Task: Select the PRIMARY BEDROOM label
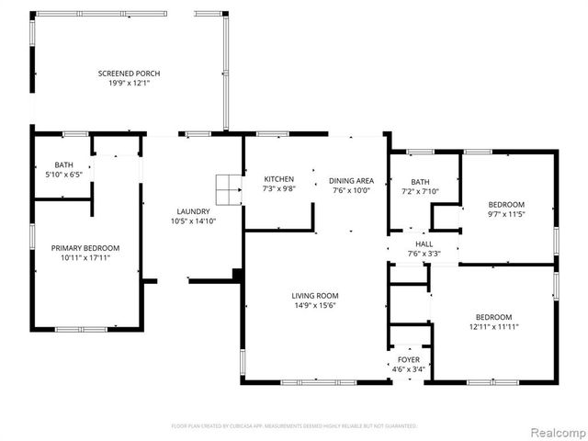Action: (85, 248)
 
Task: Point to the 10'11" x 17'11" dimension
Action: (85, 258)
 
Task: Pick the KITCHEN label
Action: (278, 178)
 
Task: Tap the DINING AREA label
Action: (351, 181)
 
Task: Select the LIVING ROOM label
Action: (314, 296)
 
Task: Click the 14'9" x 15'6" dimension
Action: (314, 306)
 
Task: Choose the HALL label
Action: (424, 244)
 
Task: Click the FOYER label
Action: (408, 360)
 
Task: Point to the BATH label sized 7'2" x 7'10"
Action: (420, 182)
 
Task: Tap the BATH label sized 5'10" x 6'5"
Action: (62, 164)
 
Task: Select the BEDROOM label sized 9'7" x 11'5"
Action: (505, 204)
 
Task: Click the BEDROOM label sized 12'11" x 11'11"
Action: (493, 316)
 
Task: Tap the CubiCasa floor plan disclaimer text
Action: (294, 426)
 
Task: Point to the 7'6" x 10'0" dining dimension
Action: (351, 191)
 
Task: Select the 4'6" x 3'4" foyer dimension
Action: (408, 370)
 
